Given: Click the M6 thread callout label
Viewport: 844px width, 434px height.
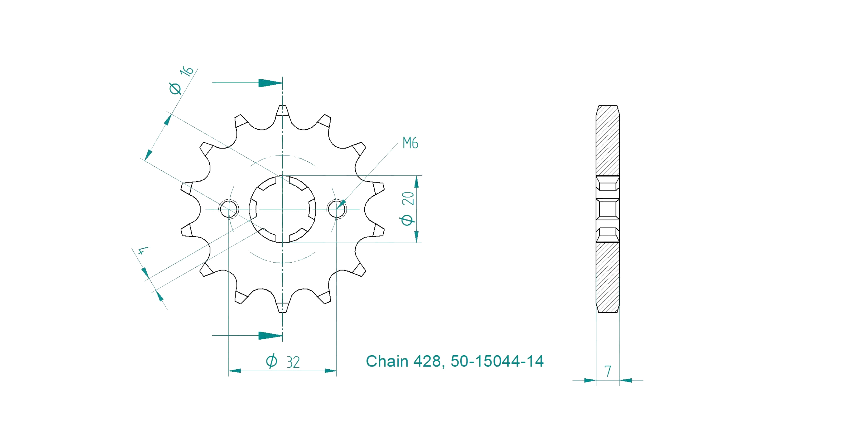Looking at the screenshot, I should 410,143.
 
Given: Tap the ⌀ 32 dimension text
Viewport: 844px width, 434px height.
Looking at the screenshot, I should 283,361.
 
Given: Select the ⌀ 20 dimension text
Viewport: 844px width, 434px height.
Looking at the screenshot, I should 408,209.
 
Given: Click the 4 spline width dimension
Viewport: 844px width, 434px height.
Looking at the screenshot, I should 142,251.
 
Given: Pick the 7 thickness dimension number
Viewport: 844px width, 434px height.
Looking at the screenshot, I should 608,371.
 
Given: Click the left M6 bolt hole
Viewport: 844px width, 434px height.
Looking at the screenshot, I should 229,209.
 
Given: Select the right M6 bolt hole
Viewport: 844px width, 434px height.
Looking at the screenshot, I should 336,209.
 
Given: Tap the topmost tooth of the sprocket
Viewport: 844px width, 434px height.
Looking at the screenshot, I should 282,111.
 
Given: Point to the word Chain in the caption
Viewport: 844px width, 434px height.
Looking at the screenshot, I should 387,361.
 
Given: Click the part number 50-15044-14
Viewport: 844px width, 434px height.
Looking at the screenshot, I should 497,361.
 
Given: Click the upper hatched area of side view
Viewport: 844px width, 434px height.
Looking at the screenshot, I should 607,141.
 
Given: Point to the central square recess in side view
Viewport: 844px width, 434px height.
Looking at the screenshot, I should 607,209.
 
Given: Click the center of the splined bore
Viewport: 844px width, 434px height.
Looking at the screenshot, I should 282,209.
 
